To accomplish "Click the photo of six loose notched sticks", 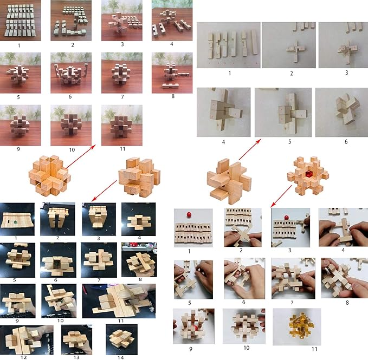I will (228, 45).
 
